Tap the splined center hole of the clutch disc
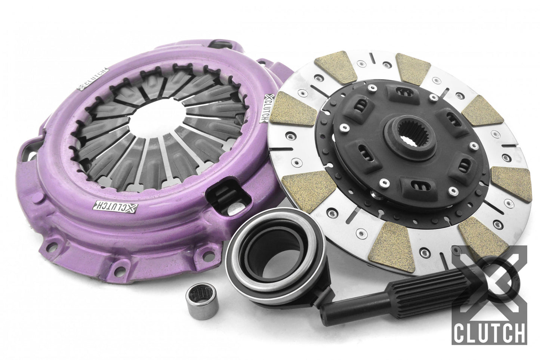[x=402, y=132]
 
